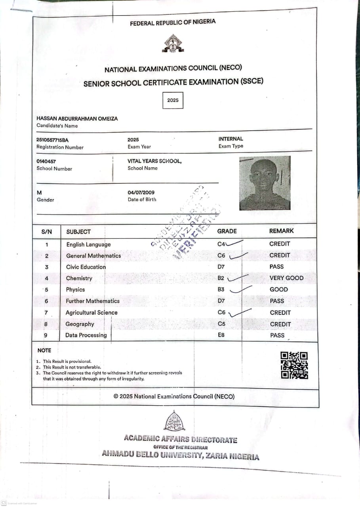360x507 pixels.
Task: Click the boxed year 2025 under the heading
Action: pyautogui.click(x=173, y=100)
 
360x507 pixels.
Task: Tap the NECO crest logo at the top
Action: pyautogui.click(x=173, y=44)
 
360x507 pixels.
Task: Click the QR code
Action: pyautogui.click(x=294, y=365)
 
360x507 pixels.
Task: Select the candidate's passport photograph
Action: pyautogui.click(x=265, y=183)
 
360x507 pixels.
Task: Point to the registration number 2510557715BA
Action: pyautogui.click(x=52, y=140)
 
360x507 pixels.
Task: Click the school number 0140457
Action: pyautogui.click(x=46, y=161)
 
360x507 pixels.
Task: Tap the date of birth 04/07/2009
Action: pyautogui.click(x=141, y=193)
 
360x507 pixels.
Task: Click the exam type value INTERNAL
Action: pyautogui.click(x=231, y=139)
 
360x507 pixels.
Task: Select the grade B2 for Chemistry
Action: pyautogui.click(x=221, y=278)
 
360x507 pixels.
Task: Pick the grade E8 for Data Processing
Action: pyautogui.click(x=221, y=335)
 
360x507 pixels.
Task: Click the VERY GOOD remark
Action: pyautogui.click(x=286, y=278)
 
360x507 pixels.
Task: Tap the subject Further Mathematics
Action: pyautogui.click(x=93, y=301)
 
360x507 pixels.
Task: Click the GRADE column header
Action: pyautogui.click(x=227, y=231)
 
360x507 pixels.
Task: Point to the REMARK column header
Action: pyautogui.click(x=282, y=231)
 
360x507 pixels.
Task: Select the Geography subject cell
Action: pyautogui.click(x=80, y=324)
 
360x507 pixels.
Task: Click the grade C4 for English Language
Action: pyautogui.click(x=221, y=244)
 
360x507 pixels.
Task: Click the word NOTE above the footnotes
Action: pyautogui.click(x=44, y=351)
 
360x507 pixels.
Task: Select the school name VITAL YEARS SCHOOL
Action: pyautogui.click(x=154, y=161)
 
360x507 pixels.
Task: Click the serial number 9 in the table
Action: pyautogui.click(x=46, y=335)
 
